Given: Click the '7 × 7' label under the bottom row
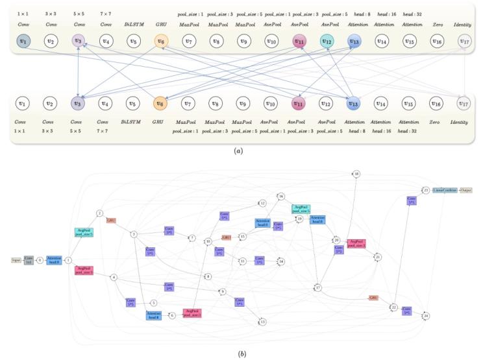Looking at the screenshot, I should point(105,130).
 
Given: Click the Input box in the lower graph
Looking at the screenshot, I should point(16,259).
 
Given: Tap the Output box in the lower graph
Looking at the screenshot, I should point(466,191).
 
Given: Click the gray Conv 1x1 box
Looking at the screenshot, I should point(29,259).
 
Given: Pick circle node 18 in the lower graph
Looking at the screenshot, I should point(356,174).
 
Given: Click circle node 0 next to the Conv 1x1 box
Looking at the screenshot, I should point(40,259).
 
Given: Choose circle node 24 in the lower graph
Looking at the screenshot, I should point(426,316).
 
